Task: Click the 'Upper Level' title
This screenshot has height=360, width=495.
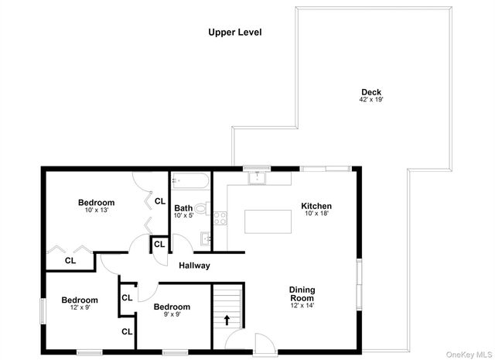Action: tap(235, 33)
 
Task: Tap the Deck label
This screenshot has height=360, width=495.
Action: tap(371, 92)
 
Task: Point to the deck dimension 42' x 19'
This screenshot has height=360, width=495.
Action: tap(371, 101)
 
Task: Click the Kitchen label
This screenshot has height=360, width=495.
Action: tap(316, 206)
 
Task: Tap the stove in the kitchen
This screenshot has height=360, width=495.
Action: tap(220, 218)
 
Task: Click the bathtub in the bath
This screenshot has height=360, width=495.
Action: tap(189, 182)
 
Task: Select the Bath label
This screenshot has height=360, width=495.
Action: tap(183, 207)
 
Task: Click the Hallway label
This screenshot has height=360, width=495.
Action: tap(194, 266)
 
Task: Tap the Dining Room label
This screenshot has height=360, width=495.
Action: tap(302, 294)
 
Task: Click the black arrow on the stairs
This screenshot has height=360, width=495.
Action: tap(227, 318)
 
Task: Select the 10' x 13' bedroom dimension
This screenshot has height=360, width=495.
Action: tap(96, 211)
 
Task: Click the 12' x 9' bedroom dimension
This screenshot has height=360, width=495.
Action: tap(80, 308)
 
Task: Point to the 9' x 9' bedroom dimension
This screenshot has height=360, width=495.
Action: tap(171, 315)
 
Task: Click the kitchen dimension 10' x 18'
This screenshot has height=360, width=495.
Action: tap(316, 214)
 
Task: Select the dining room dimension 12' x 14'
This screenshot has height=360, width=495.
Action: tap(302, 305)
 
